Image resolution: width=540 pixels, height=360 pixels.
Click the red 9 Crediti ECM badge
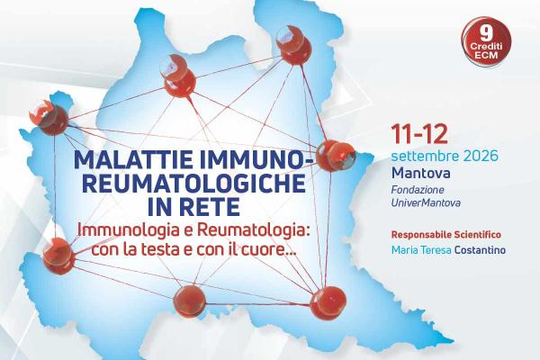(x=486, y=42)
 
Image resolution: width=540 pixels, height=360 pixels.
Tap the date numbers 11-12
(x=419, y=134)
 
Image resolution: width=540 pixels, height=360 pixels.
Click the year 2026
(x=481, y=156)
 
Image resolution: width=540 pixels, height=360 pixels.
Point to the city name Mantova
(x=420, y=173)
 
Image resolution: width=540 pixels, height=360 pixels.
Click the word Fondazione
(x=418, y=190)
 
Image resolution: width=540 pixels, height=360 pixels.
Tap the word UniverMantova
(x=426, y=202)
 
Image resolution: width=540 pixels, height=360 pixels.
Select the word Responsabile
(x=421, y=235)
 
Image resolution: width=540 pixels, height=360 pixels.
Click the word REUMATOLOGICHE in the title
(x=194, y=184)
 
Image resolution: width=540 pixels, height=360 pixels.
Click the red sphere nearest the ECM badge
(x=293, y=46)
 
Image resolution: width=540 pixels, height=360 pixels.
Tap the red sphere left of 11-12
(x=335, y=156)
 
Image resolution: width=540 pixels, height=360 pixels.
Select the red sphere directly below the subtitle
(x=189, y=301)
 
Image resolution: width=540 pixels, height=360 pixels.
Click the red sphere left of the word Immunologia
(x=58, y=256)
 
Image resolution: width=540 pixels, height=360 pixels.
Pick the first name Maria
(x=402, y=250)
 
